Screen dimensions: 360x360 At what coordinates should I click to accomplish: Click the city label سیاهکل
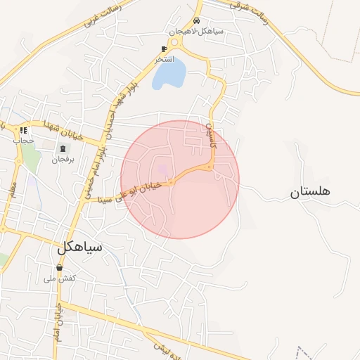(79, 247)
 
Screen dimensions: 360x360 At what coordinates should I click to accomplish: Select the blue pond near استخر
(169, 73)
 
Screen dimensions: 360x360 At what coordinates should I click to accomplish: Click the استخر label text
(165, 59)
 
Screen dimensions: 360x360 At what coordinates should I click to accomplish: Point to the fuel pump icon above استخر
(164, 49)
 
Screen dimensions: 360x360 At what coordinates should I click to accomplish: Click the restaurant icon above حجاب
(23, 130)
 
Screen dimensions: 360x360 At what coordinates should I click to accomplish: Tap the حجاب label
(23, 141)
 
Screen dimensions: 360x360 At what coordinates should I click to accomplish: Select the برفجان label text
(62, 159)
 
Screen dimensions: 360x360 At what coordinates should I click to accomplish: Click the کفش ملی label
(60, 278)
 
